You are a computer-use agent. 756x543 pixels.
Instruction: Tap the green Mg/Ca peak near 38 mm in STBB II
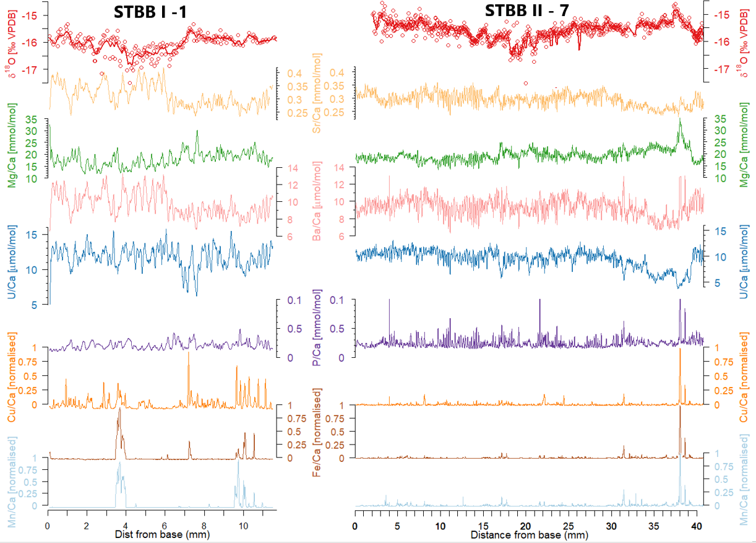(679, 119)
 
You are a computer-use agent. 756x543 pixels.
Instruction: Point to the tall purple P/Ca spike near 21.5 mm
(539, 300)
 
